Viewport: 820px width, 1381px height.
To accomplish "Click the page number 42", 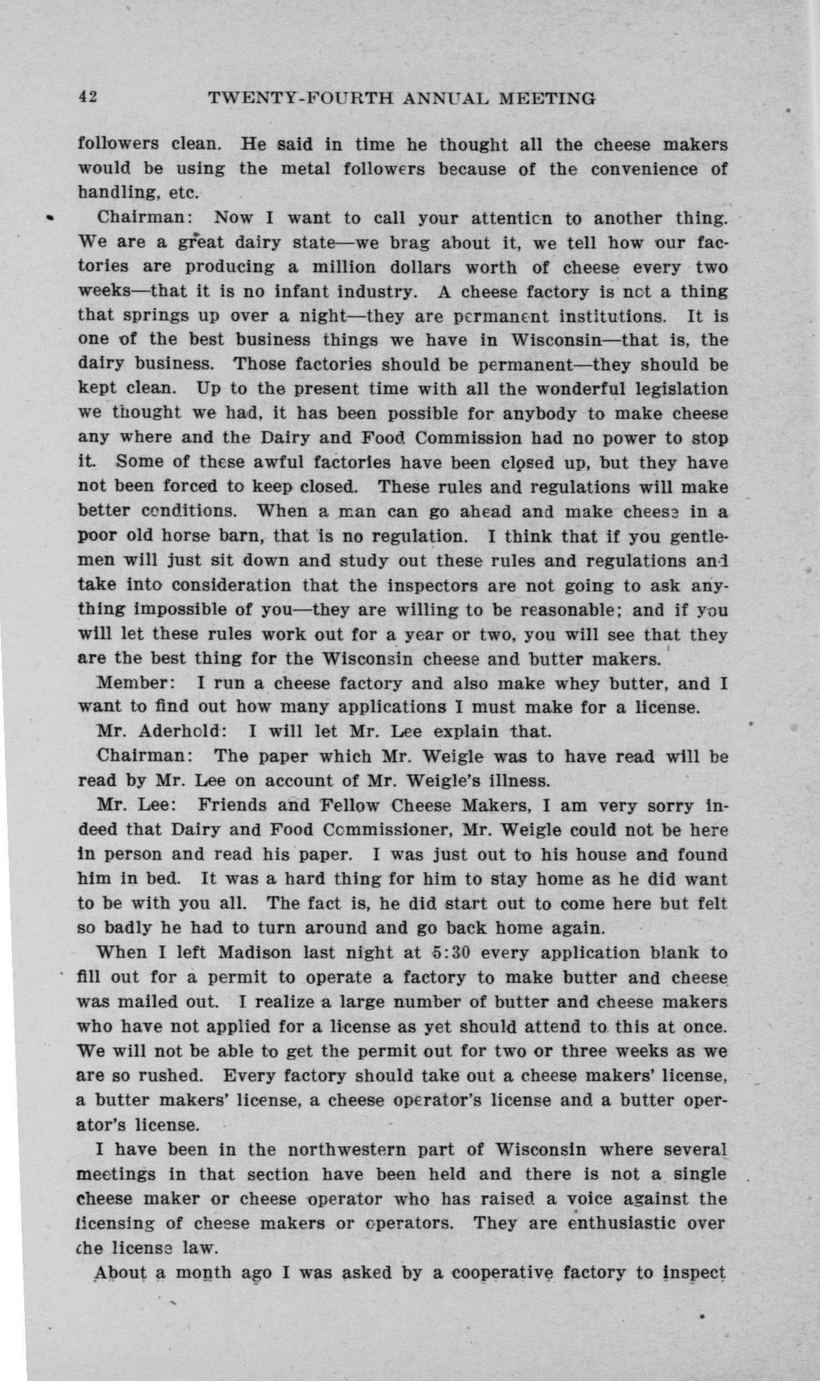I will pos(88,97).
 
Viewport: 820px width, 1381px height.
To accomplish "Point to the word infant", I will pos(299,291).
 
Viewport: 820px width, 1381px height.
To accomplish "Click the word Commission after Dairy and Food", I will pos(469,438).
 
